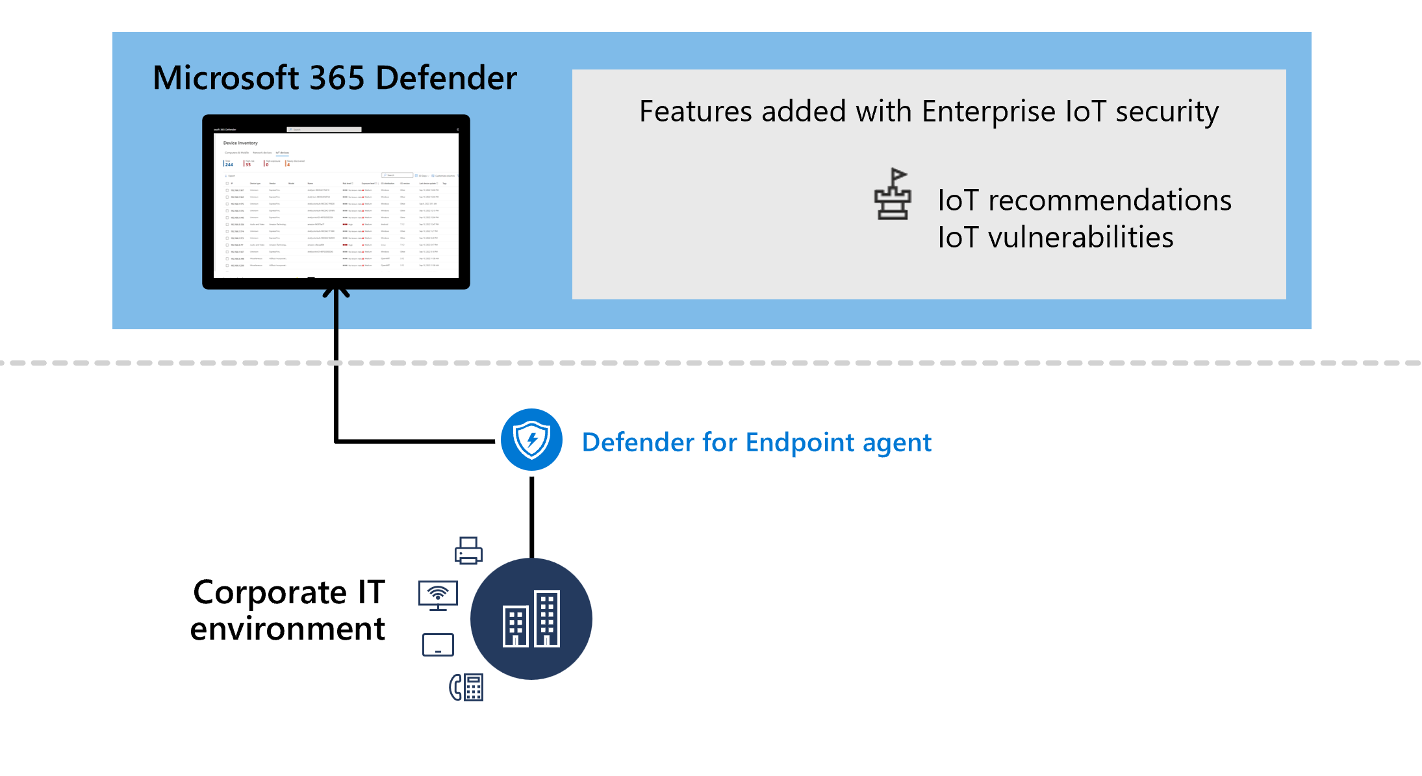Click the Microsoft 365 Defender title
pyautogui.click(x=335, y=78)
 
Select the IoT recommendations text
pyautogui.click(x=1084, y=200)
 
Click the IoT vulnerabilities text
pyautogui.click(x=1055, y=238)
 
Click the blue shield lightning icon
pyautogui.click(x=531, y=440)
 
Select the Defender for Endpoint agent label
pyautogui.click(x=756, y=443)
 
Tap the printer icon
pyautogui.click(x=468, y=551)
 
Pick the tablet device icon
pyautogui.click(x=438, y=645)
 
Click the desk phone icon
pyautogui.click(x=466, y=687)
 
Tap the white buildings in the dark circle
pyautogui.click(x=531, y=619)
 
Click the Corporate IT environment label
pyautogui.click(x=288, y=610)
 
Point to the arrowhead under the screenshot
pyautogui.click(x=336, y=293)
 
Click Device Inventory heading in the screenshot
pyautogui.click(x=240, y=143)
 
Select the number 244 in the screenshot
pyautogui.click(x=229, y=165)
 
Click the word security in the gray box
pyautogui.click(x=1167, y=112)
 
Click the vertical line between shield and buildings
pyautogui.click(x=531, y=516)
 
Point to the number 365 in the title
pyautogui.click(x=337, y=78)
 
